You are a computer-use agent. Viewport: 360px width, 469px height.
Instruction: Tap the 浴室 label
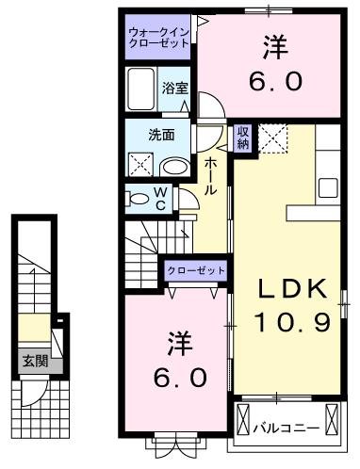pos(174,89)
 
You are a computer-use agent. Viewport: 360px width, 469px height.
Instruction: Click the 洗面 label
pos(161,134)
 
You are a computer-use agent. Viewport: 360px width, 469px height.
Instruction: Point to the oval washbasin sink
pos(174,167)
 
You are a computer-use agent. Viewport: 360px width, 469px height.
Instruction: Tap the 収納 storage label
pos(243,137)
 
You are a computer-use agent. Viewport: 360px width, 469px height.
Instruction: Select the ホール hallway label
pos(211,176)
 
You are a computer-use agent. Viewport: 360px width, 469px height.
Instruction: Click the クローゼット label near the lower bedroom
pos(196,270)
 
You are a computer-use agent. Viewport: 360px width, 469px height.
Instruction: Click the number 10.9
pos(291,324)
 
